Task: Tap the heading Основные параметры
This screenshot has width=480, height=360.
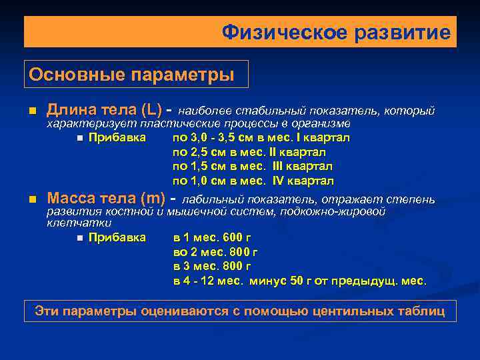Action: tap(131, 74)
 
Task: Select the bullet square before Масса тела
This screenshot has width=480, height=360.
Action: tap(31, 199)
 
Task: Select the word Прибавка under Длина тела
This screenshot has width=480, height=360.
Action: tap(117, 138)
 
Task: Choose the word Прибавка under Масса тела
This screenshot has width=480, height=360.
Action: tap(117, 237)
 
